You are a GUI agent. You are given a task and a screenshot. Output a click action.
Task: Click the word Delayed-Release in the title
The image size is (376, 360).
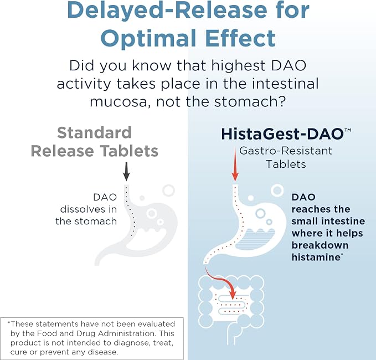[167, 10]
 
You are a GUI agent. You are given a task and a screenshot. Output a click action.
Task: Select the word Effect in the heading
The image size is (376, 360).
[240, 38]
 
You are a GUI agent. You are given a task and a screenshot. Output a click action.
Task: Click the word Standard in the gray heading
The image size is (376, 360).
[95, 132]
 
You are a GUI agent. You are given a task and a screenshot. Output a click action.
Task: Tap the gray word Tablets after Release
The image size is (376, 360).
[129, 151]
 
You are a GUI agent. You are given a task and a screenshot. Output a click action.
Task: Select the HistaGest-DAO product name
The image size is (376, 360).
[283, 134]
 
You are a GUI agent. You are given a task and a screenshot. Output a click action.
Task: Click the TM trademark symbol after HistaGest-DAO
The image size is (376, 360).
[348, 130]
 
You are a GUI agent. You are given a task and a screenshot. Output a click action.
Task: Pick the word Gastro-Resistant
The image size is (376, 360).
[286, 151]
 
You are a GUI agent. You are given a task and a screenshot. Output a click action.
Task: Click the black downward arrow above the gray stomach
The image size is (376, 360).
[126, 172]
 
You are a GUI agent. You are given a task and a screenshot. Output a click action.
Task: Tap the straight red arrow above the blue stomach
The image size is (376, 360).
[235, 164]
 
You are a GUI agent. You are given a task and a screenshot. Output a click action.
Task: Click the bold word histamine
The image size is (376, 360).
[316, 257]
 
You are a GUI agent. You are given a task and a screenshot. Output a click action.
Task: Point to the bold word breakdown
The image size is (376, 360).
[320, 245]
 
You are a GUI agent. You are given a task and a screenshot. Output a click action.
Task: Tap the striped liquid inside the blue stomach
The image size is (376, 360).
[255, 239]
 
